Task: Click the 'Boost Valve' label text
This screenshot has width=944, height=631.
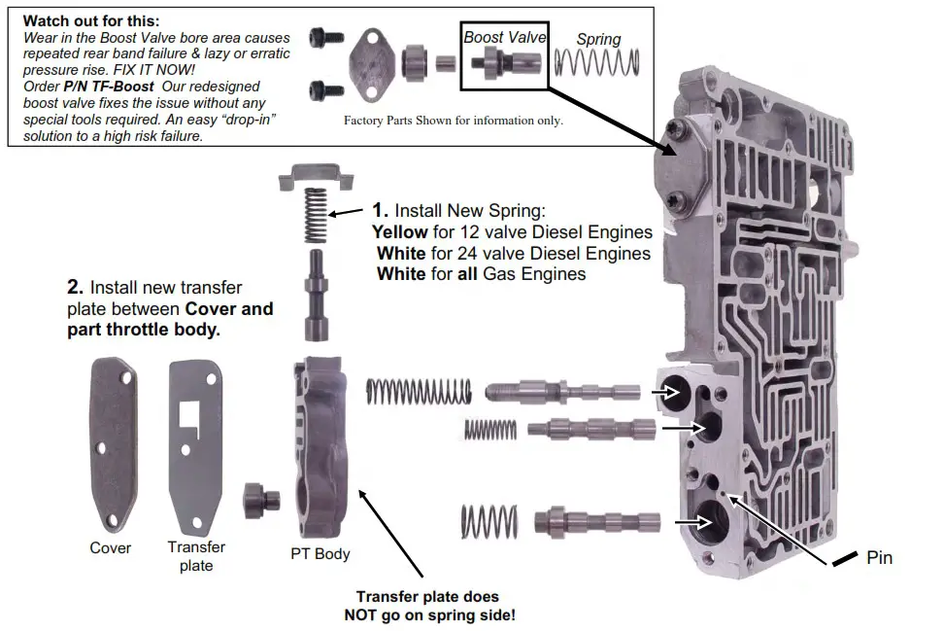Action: [505, 37]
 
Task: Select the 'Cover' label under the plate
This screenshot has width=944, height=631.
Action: [111, 547]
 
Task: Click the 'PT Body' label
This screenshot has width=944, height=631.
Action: [320, 554]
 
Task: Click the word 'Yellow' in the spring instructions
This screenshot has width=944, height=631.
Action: [399, 233]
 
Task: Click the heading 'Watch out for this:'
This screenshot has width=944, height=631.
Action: [91, 20]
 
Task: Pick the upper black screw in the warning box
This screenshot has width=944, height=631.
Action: [320, 38]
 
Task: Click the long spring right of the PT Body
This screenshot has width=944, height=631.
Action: [418, 391]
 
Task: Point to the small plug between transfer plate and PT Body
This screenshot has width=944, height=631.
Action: [261, 500]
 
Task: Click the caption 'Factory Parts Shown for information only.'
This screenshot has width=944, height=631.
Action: [454, 121]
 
